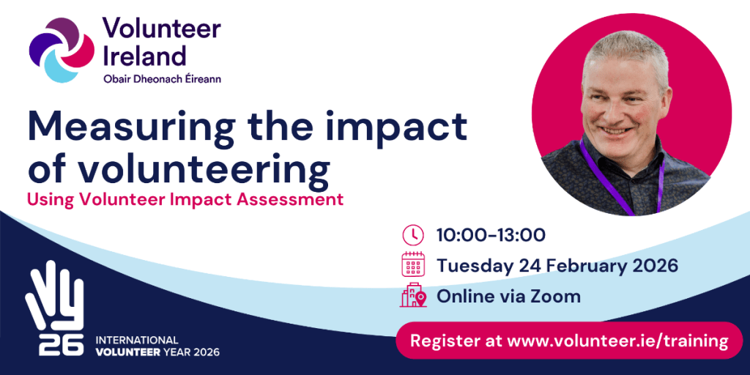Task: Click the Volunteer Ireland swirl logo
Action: [x=62, y=51]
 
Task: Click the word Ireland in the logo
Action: [x=144, y=56]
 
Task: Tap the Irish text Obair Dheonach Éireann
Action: [x=162, y=78]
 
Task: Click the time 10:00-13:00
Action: [x=491, y=235]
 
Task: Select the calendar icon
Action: [x=413, y=264]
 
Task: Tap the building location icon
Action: [x=413, y=295]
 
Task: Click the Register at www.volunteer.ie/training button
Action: [x=569, y=341]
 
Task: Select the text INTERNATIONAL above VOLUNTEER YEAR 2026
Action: [x=137, y=341]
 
